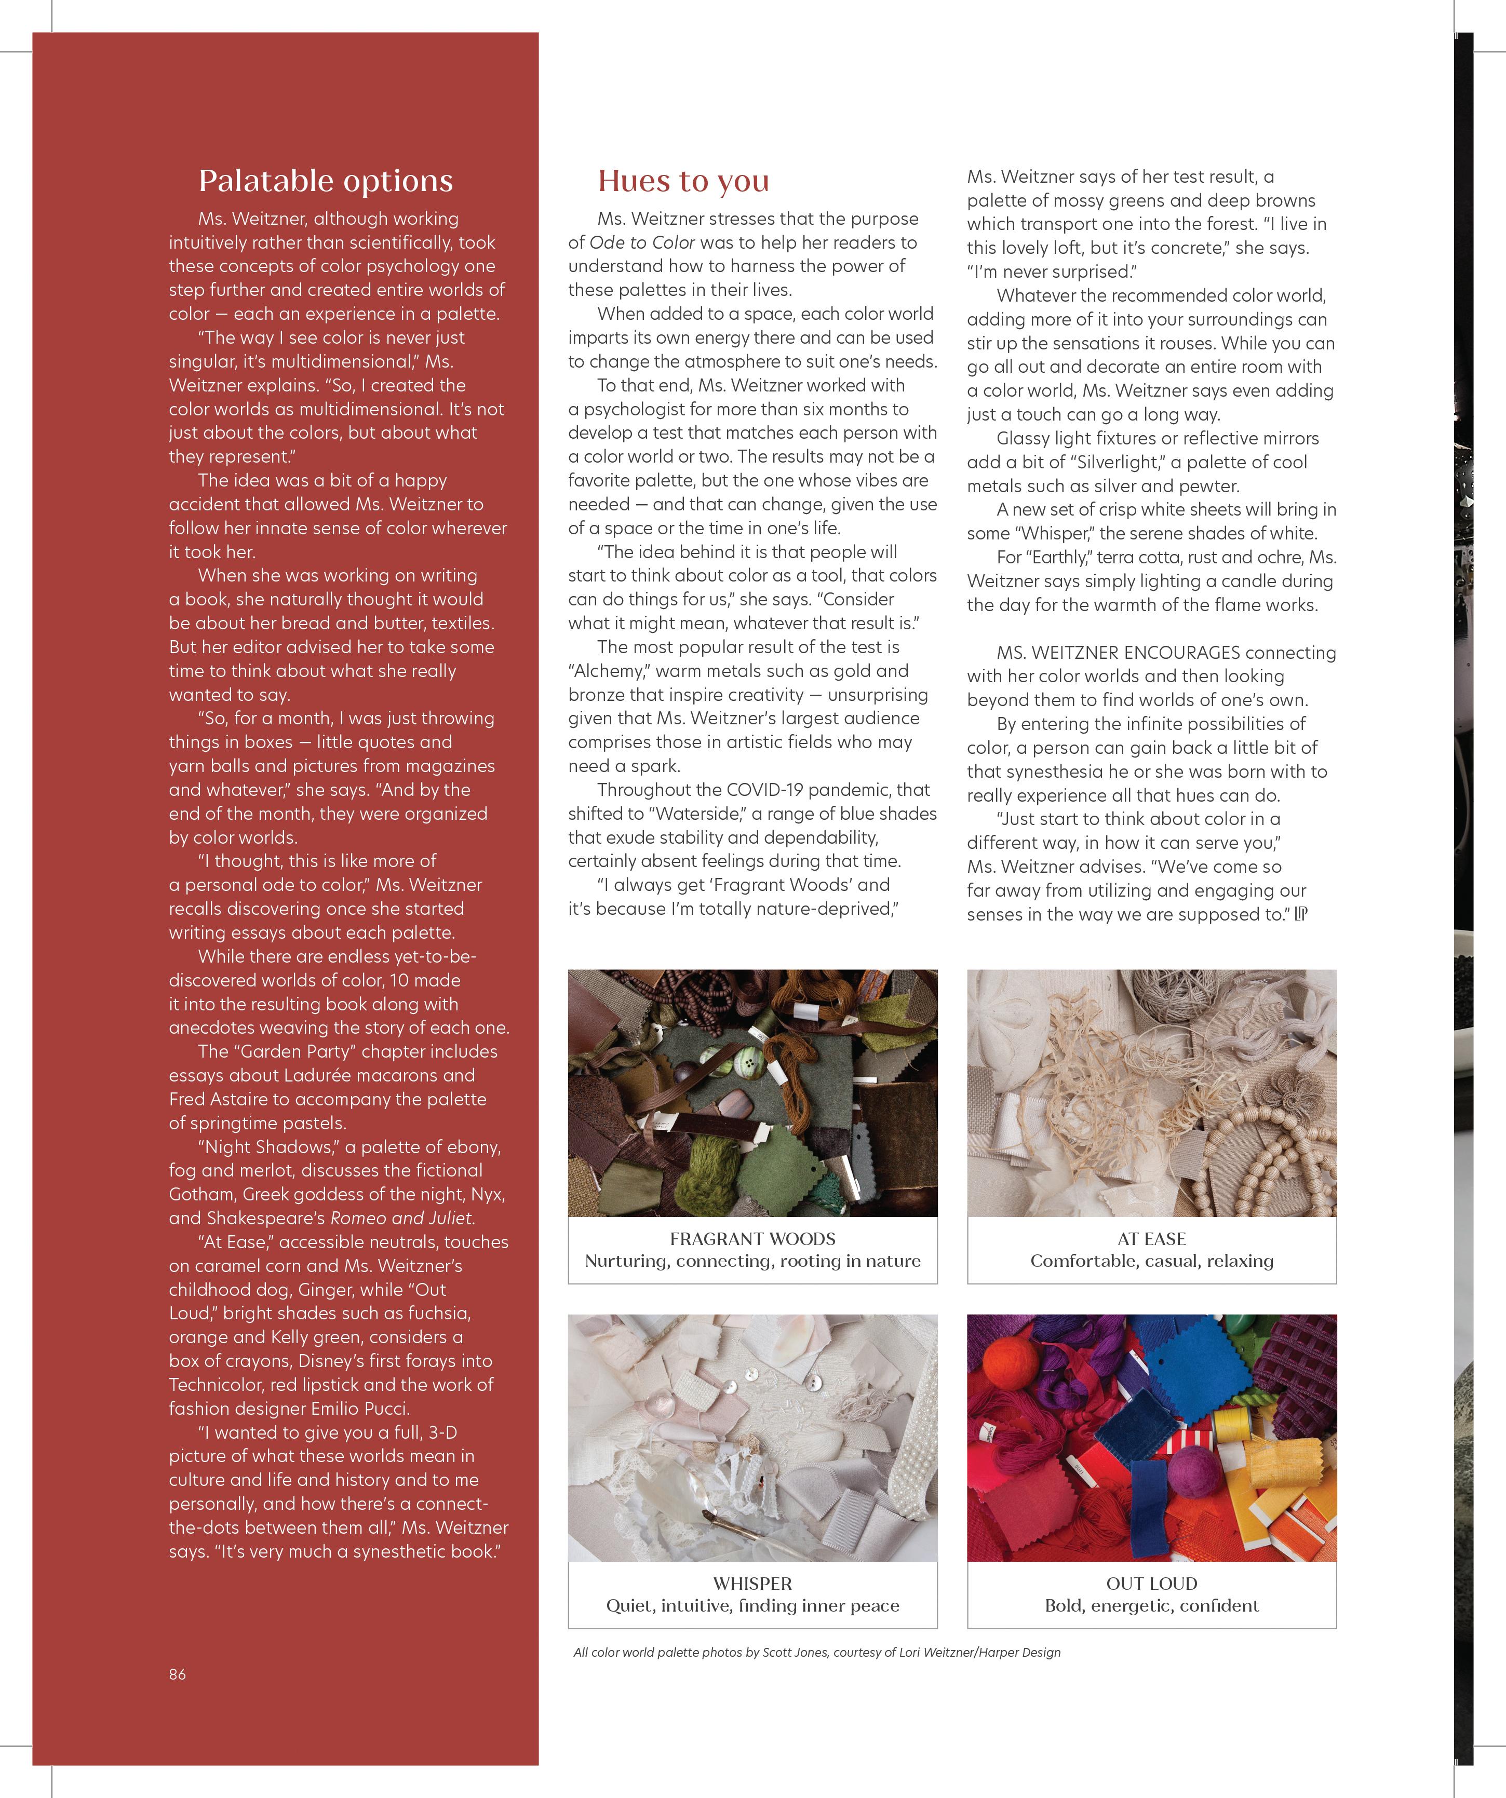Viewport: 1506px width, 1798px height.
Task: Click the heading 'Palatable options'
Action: tap(325, 181)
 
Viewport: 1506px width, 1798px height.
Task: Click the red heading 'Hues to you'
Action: tap(683, 181)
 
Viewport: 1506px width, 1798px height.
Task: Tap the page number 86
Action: tap(177, 1674)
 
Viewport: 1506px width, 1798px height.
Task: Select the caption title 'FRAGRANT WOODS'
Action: tap(752, 1238)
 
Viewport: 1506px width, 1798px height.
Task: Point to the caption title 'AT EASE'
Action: tap(1151, 1238)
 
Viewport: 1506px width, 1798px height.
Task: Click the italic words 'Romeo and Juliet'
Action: tap(402, 1218)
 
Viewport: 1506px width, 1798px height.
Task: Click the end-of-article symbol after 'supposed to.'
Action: tap(1300, 914)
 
